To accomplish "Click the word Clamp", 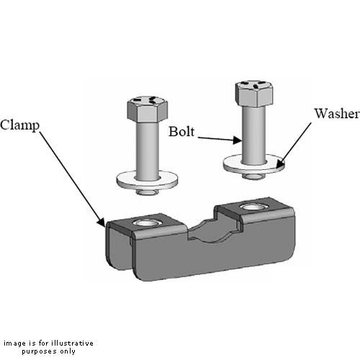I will [x=19, y=124].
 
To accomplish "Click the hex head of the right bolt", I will [x=253, y=92].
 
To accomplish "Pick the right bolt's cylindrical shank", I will [x=254, y=133].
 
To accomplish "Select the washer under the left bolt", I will [x=146, y=179].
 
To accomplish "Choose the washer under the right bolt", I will [x=253, y=164].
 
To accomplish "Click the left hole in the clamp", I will [x=148, y=222].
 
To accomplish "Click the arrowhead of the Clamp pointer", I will [x=102, y=224].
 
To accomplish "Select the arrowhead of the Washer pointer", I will [x=279, y=165].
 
